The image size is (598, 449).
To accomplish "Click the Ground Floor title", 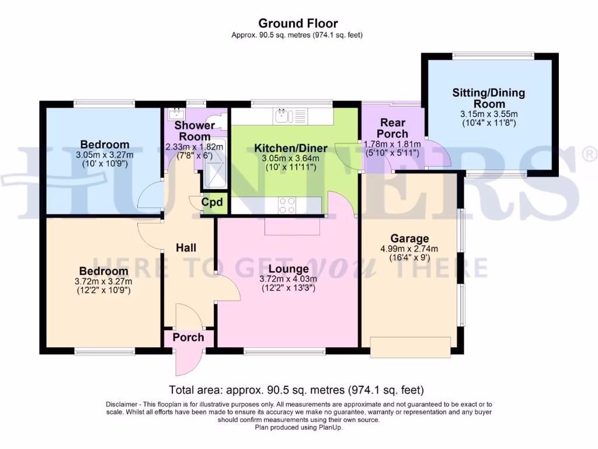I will point(298,23).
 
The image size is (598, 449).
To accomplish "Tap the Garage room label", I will point(409,239).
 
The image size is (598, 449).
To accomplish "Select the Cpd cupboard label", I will point(212,203).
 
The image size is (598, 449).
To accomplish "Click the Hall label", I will point(186,248).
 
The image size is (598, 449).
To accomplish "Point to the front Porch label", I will point(188,337).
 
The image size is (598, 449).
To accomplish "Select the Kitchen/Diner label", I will point(290,148).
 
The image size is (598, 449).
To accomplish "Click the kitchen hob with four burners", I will point(287,205).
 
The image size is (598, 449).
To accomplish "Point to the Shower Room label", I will point(194,131).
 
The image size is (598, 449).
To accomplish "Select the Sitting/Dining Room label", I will point(489,98).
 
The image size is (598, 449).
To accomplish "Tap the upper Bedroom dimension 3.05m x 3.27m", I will point(105,155).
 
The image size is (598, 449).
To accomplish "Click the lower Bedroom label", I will point(104,271).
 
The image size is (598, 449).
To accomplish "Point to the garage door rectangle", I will point(411,347).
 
